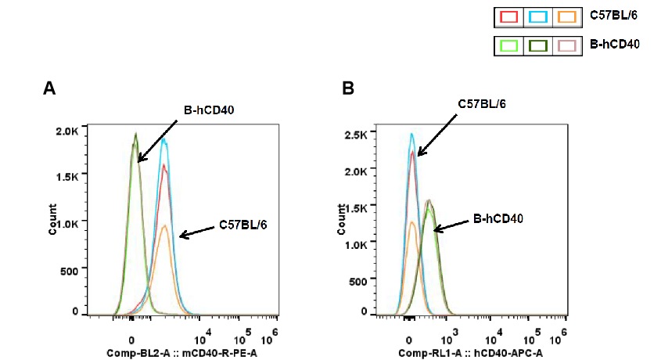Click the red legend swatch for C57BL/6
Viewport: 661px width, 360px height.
509,16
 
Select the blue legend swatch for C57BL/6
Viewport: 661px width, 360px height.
537,16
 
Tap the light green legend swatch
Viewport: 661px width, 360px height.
509,46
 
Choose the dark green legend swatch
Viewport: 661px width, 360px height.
537,46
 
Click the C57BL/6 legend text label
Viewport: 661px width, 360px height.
613,16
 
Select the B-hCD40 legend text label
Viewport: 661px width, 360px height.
614,45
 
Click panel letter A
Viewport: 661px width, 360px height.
48,88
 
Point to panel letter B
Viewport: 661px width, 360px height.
348,88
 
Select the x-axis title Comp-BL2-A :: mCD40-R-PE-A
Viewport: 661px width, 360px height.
181,354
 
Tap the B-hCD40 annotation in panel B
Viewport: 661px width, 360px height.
498,220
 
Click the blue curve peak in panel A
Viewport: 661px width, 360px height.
163,139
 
